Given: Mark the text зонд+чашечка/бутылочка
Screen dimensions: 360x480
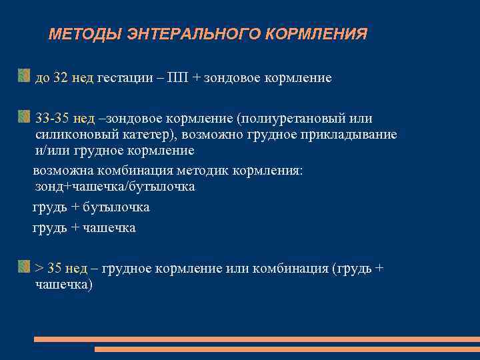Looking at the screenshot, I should coord(115,187).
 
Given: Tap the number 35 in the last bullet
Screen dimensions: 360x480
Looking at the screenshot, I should coord(55,269).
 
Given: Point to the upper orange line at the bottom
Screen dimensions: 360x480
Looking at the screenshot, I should coord(257,339).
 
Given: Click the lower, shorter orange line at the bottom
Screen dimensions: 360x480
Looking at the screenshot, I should coord(287,349).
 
